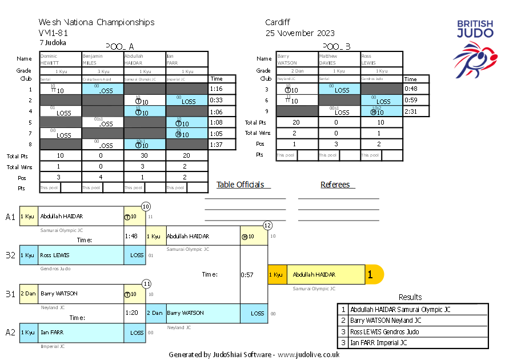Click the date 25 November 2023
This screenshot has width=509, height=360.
[300, 33]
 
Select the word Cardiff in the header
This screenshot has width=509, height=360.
[278, 22]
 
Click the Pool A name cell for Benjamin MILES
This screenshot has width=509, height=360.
[103, 59]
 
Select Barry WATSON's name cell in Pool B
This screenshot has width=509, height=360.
[297, 59]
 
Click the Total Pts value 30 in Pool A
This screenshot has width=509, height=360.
[145, 155]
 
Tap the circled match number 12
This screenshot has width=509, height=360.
[267, 226]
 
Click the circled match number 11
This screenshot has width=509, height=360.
[146, 283]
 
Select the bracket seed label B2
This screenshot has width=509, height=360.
[10, 255]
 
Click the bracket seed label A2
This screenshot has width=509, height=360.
[10, 332]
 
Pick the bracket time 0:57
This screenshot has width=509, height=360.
[247, 275]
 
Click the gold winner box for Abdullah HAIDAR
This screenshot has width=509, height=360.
[326, 275]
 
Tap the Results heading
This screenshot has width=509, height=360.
[410, 297]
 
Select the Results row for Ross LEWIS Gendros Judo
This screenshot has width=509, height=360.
[412, 331]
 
